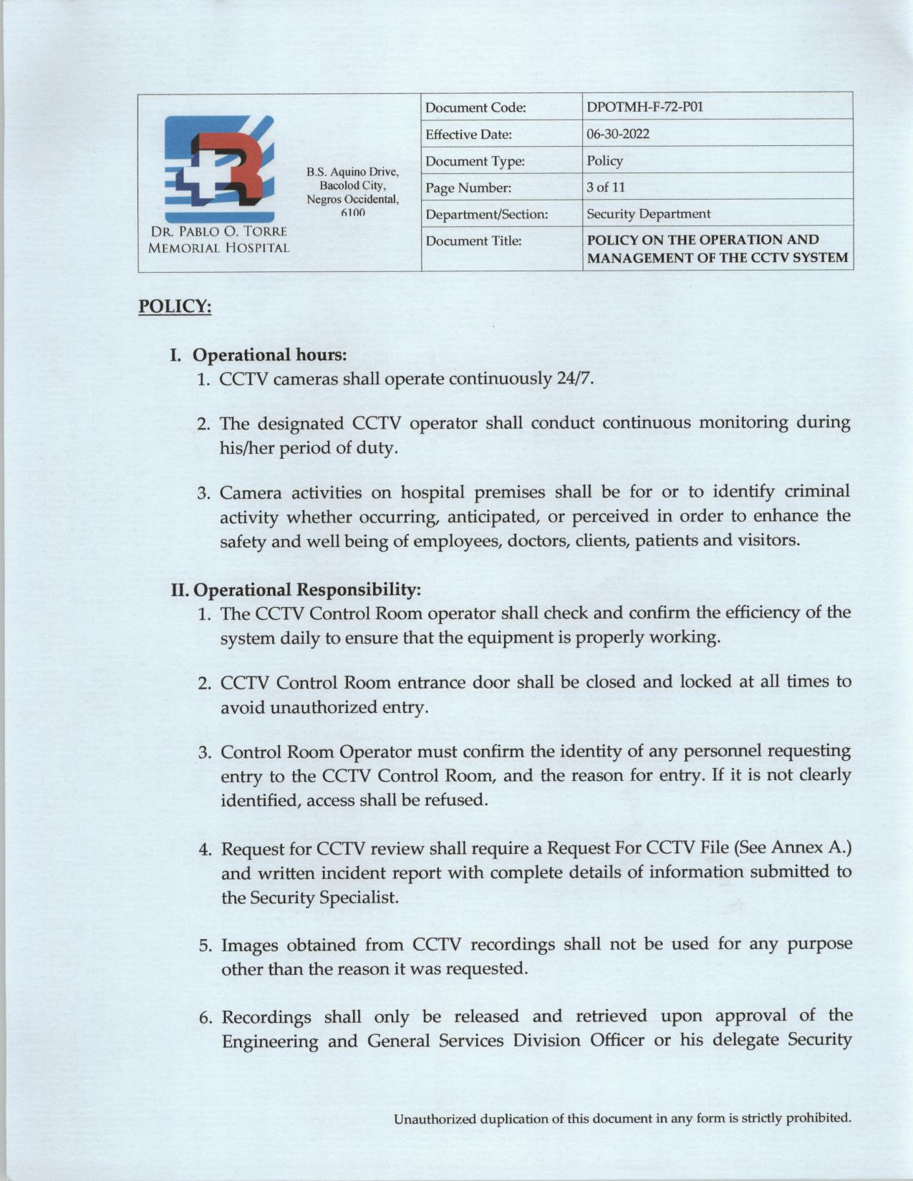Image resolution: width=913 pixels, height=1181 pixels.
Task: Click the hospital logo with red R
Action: [x=218, y=169]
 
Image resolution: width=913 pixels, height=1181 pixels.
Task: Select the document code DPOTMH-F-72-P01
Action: [x=645, y=107]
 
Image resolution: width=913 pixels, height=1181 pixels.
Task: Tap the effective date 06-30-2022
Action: [x=618, y=134]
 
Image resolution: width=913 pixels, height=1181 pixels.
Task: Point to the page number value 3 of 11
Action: [x=606, y=187]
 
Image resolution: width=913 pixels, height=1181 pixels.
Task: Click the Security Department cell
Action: [x=648, y=213]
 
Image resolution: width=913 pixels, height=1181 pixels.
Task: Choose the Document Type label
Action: [x=475, y=161]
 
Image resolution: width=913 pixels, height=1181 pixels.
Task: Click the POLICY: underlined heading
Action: [x=175, y=306]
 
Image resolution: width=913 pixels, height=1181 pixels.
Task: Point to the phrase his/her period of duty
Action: [x=307, y=448]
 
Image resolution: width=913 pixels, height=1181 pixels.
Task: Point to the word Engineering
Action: [x=271, y=1041]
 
